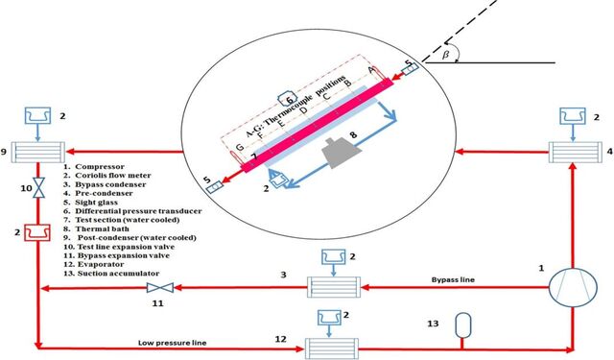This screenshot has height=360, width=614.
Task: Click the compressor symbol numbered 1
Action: [x=573, y=288]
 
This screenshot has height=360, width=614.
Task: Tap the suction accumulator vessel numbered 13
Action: [x=463, y=324]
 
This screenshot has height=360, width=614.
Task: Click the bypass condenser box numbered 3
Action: [x=333, y=287]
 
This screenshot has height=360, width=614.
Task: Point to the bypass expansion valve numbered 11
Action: [x=160, y=288]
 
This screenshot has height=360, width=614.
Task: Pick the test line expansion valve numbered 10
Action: [x=38, y=187]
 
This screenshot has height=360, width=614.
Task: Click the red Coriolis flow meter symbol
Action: [x=37, y=232]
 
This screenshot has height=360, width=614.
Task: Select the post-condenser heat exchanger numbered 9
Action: [x=38, y=152]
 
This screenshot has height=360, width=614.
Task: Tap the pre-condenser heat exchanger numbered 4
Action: [x=576, y=152]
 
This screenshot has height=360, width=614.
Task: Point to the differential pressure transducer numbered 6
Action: [x=289, y=100]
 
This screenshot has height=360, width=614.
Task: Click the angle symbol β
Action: [x=445, y=56]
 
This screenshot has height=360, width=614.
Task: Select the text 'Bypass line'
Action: [x=453, y=279]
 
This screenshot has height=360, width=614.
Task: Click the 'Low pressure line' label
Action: [x=172, y=343]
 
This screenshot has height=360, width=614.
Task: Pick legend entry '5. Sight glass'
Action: [x=90, y=203]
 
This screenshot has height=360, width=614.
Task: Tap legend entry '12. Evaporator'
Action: [x=94, y=264]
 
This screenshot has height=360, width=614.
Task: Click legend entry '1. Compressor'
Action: [x=94, y=166]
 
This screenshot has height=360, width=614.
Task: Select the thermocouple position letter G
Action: [x=239, y=147]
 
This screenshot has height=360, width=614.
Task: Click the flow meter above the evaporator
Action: [x=329, y=318]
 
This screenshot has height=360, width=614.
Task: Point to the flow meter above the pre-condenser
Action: [x=573, y=116]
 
